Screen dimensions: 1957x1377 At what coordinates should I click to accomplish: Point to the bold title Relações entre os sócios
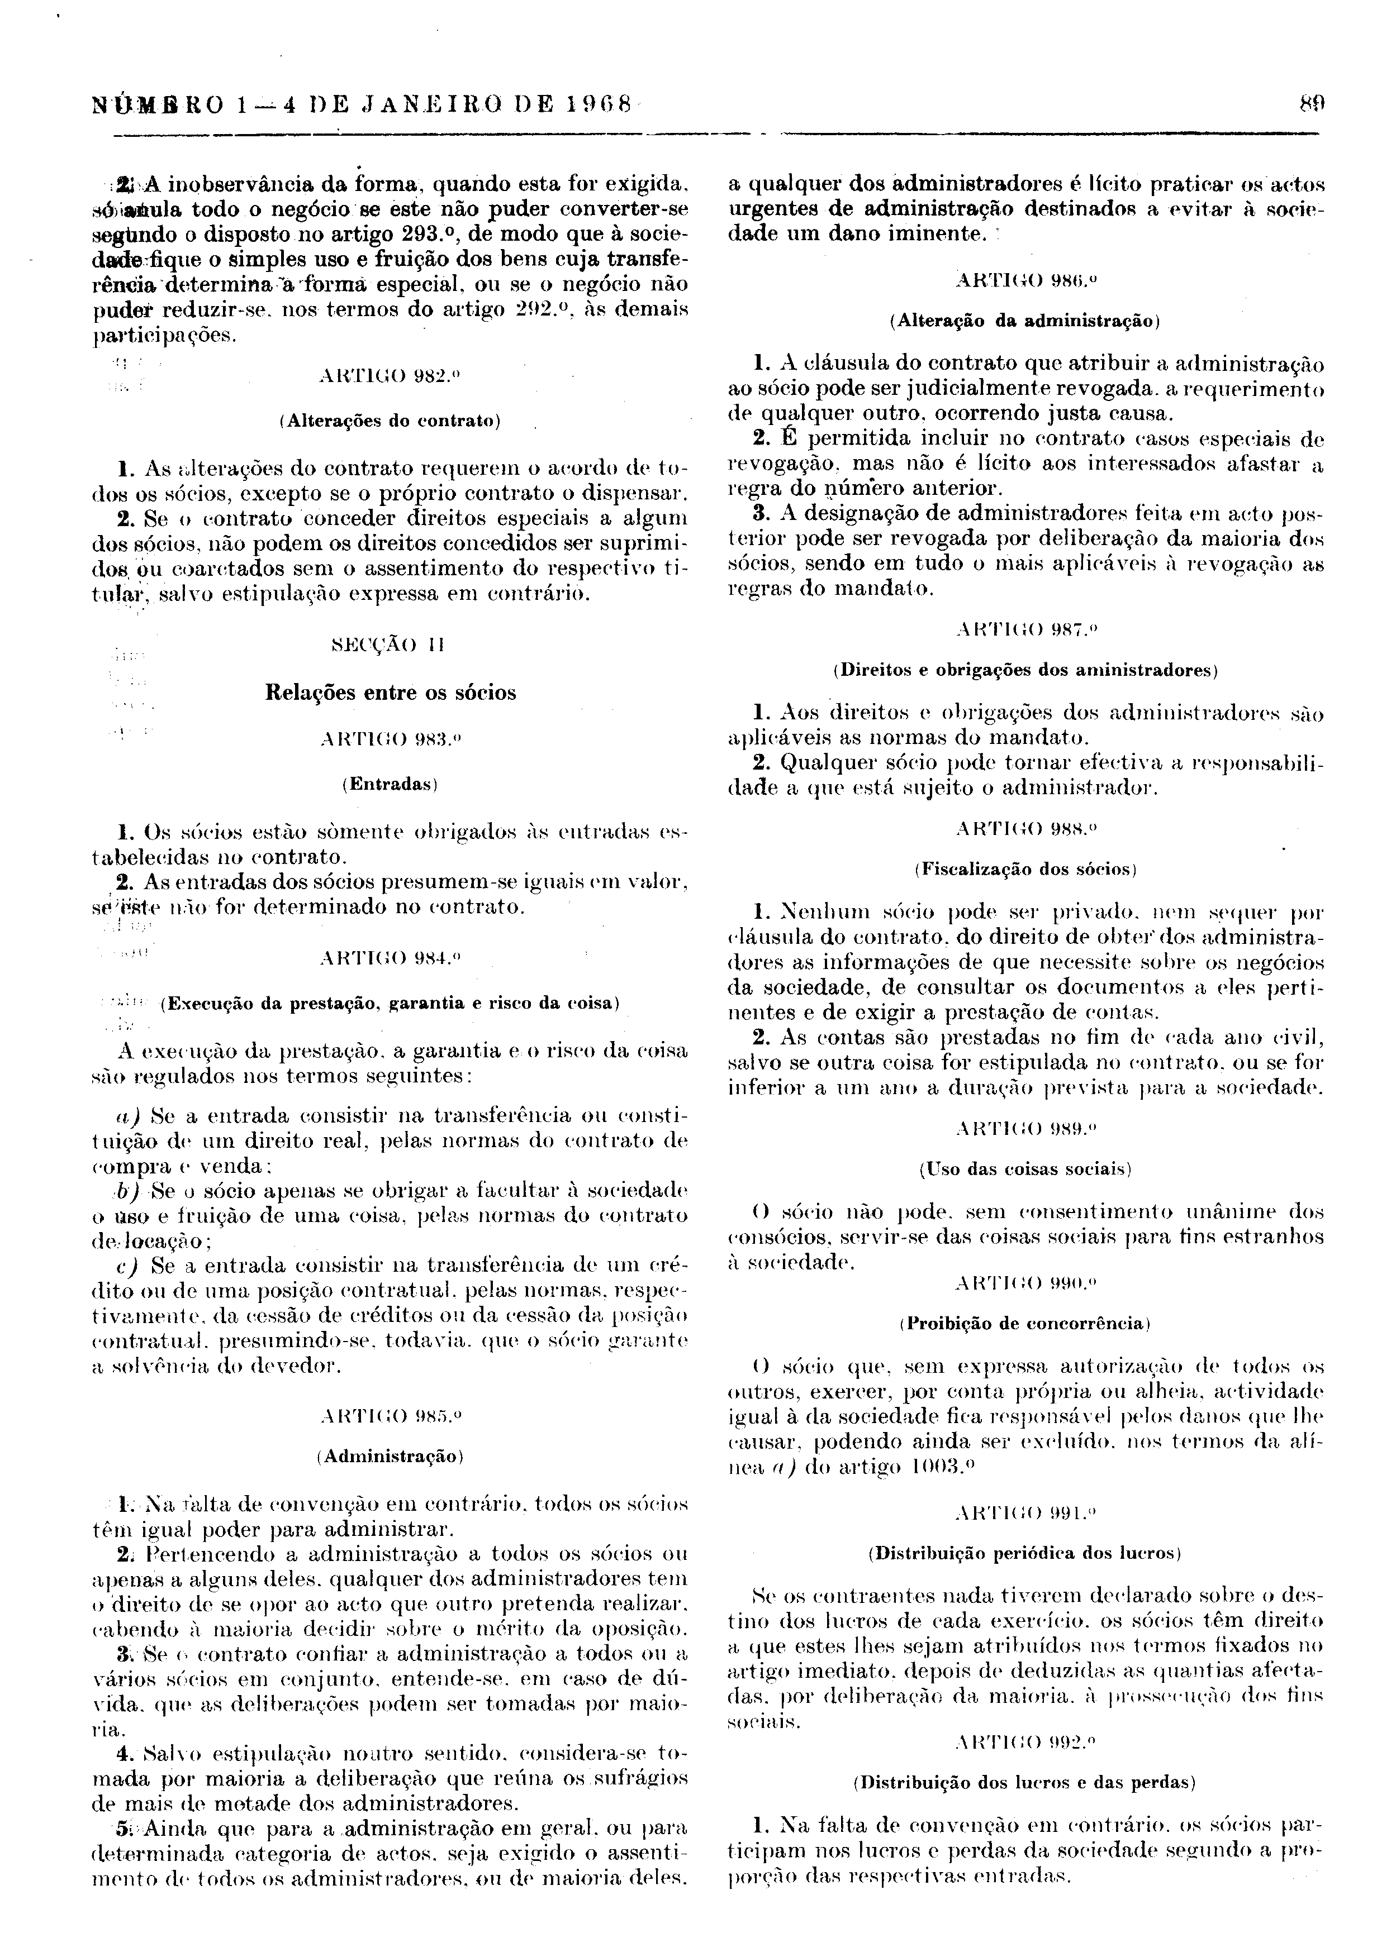[x=391, y=693]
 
